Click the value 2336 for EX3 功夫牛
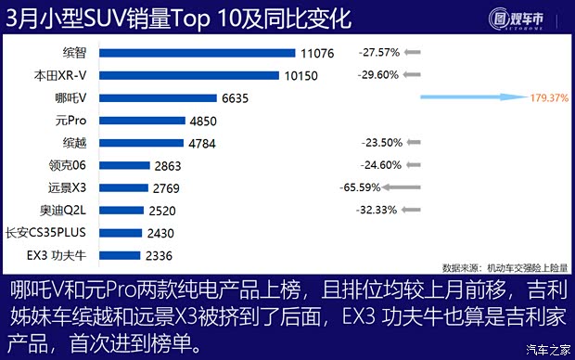click(158, 255)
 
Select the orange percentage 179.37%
click(543, 97)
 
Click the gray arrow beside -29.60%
click(412, 76)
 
